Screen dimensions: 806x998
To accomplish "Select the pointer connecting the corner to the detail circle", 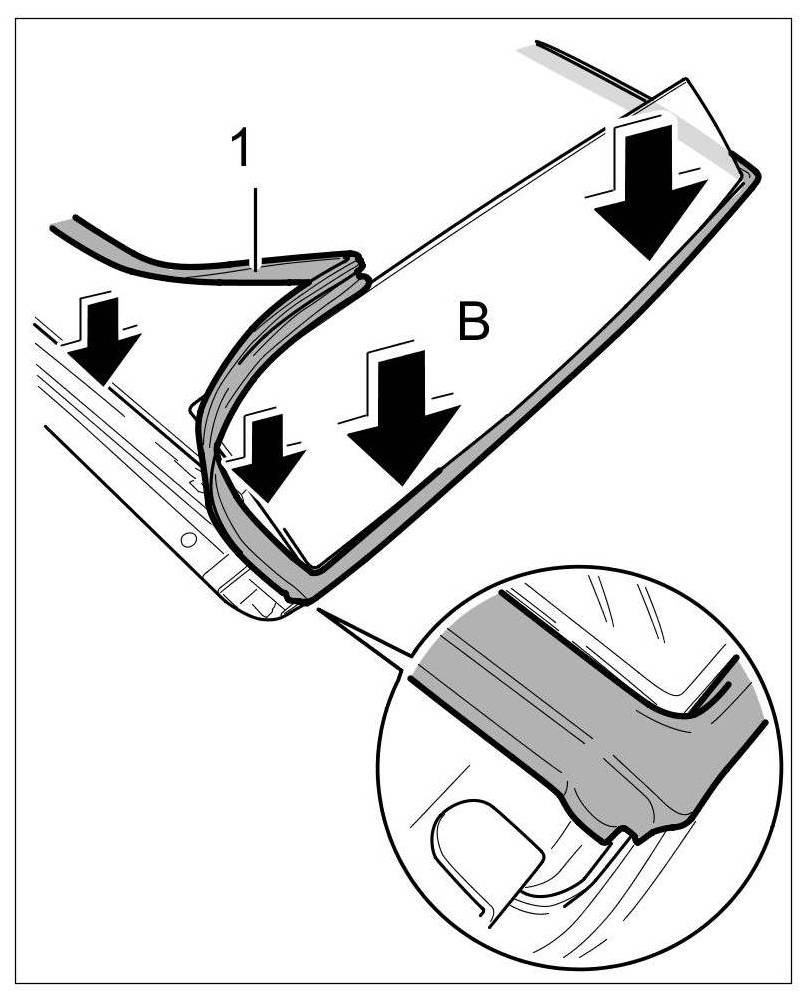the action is (x=366, y=636).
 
